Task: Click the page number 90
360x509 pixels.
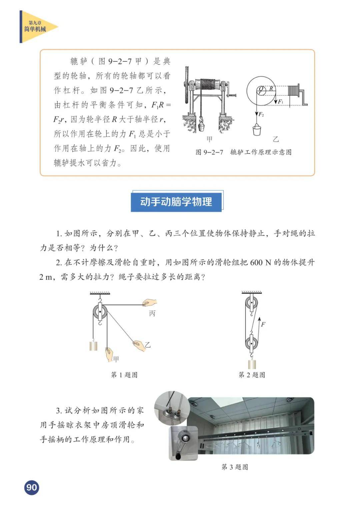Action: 32,487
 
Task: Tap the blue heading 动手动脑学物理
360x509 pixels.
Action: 176,202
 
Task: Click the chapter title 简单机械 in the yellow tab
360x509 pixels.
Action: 35,29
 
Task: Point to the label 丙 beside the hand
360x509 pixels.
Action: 152,313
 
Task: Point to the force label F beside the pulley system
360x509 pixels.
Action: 263,324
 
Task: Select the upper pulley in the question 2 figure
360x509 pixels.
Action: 251,303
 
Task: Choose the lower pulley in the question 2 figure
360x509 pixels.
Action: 251,343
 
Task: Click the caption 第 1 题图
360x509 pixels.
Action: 124,375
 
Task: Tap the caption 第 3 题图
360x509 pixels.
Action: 235,467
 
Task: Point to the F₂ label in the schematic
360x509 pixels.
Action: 261,114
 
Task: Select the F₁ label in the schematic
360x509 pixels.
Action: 281,101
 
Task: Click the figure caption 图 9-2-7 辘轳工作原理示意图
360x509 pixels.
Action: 243,152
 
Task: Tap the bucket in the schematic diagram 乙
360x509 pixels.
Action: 257,130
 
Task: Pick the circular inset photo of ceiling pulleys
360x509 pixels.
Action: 172,409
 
